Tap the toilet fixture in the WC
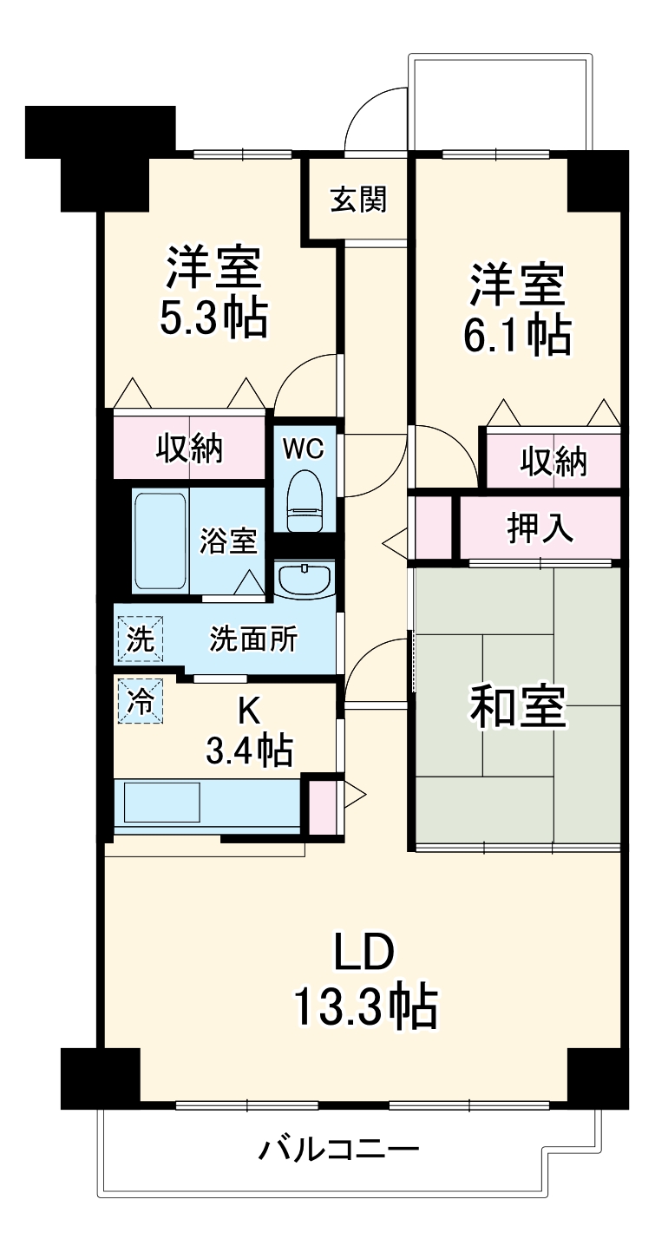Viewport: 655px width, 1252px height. [304, 501]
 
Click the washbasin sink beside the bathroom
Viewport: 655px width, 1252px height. [305, 578]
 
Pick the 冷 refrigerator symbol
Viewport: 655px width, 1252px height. [139, 699]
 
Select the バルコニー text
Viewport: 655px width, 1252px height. [339, 1150]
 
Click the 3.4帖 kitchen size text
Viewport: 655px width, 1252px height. [248, 749]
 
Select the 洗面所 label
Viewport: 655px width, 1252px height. [253, 639]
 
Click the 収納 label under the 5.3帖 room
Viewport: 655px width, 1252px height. [190, 449]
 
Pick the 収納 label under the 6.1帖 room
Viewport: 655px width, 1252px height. [553, 461]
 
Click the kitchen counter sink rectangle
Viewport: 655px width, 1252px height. [162, 801]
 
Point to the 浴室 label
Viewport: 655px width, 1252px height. [228, 541]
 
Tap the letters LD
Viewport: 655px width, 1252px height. [365, 953]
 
